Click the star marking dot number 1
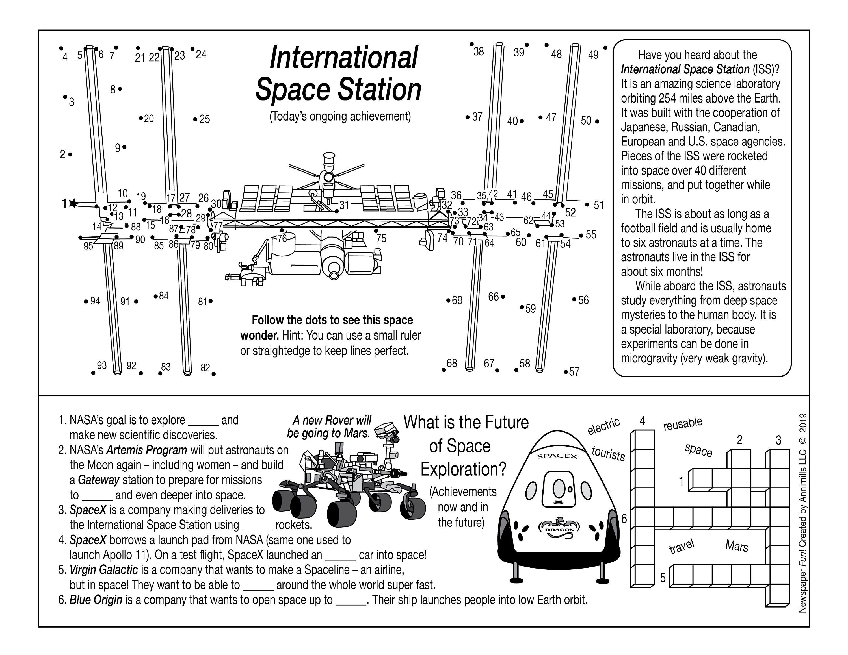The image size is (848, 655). (73, 203)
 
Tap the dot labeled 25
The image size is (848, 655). (195, 119)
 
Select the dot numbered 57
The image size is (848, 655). (566, 372)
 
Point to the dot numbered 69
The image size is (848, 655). (448, 300)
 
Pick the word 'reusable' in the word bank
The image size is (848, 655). (683, 424)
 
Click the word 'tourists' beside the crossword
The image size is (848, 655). (608, 453)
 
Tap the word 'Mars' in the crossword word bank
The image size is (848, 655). (737, 546)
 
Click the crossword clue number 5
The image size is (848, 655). (663, 578)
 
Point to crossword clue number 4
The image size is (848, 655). (643, 421)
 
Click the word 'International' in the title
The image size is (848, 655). (343, 57)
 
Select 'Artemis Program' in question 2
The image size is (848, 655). (146, 450)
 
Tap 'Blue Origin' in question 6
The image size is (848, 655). (96, 600)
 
